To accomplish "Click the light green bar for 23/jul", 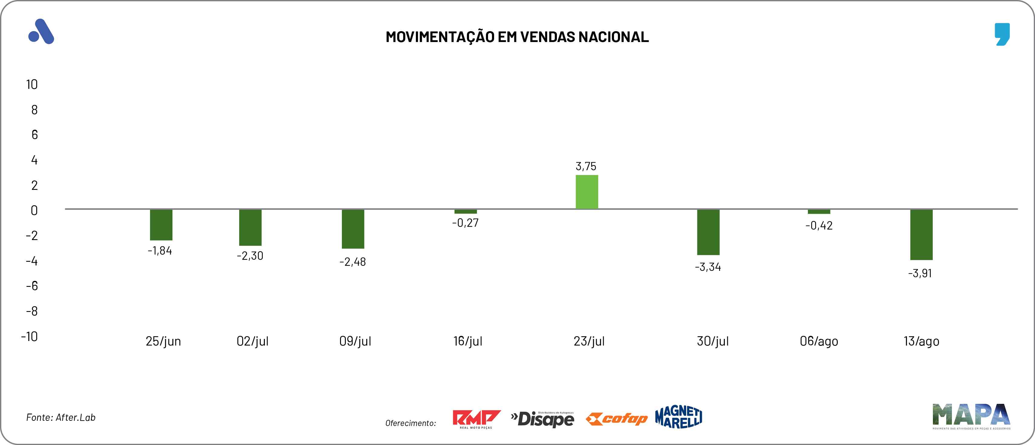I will [x=587, y=192].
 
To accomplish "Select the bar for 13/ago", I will [x=921, y=235].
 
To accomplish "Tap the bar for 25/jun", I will [x=161, y=225].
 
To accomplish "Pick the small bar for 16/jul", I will [x=466, y=212].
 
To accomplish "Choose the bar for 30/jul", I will [x=708, y=232].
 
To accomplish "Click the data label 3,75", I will [x=586, y=166].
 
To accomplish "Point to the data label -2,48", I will [x=353, y=262].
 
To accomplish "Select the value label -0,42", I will [x=819, y=226].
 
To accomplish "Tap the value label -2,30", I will [x=250, y=256].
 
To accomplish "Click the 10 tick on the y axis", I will [x=32, y=84].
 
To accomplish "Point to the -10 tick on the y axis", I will [x=29, y=336].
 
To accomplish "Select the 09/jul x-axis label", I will [x=355, y=341].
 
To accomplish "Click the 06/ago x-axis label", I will [x=819, y=341].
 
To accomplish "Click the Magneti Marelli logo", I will [x=679, y=417].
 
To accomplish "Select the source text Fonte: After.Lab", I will [x=61, y=417].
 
